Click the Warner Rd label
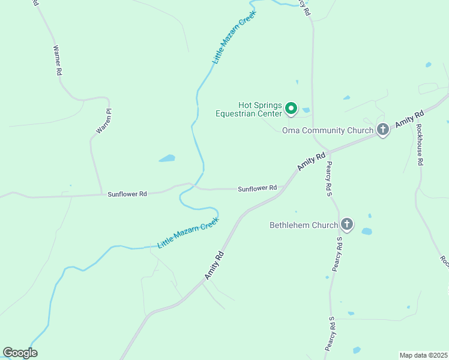click(58, 60)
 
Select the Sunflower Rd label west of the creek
click(127, 194)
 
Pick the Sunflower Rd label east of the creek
click(257, 188)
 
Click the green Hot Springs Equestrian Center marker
click(291, 108)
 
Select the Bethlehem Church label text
click(304, 226)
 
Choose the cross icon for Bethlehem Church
click(347, 225)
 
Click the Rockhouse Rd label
click(420, 145)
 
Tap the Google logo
click(20, 353)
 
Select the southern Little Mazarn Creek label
click(188, 233)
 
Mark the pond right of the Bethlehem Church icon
click(366, 231)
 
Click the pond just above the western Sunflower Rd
click(167, 159)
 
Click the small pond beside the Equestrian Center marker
click(306, 110)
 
